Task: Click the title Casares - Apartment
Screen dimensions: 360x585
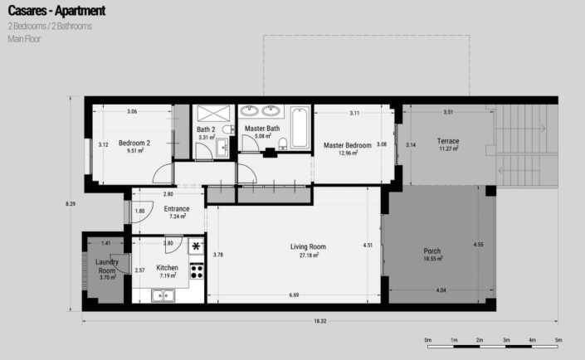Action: [56, 12]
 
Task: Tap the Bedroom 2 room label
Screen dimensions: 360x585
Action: [134, 143]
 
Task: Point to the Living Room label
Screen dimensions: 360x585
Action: [308, 246]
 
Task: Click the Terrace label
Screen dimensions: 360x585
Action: [449, 141]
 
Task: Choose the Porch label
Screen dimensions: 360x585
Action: [431, 251]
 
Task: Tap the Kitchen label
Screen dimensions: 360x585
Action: [168, 268]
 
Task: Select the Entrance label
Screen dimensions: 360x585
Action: [177, 209]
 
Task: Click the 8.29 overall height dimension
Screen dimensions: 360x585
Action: [74, 202]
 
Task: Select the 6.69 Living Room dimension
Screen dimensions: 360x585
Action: [295, 296]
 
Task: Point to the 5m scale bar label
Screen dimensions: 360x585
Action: [559, 340]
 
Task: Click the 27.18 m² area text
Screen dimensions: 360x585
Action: [308, 255]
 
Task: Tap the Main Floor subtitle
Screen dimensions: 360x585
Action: [24, 38]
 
